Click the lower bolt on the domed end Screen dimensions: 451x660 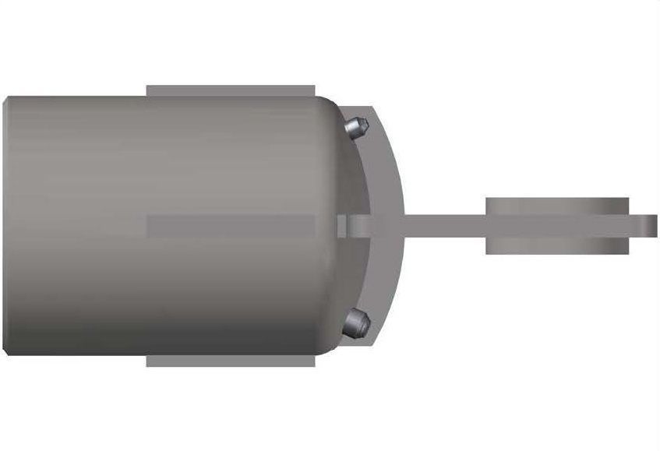355,322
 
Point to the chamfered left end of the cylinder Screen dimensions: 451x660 6,226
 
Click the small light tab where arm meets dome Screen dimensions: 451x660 341,225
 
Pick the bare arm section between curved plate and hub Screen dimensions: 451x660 444,225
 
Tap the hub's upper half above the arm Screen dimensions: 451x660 556,206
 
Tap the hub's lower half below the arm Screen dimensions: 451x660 556,245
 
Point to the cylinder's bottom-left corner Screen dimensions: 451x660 8,351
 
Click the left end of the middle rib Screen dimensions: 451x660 150,226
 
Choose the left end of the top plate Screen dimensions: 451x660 150,90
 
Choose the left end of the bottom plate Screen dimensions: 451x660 150,361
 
